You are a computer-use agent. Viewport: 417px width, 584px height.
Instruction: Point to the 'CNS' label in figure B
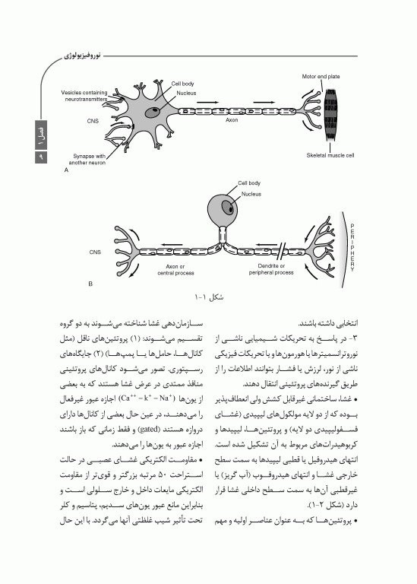pyautogui.click(x=95, y=252)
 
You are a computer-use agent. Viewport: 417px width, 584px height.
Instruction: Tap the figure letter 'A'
pyautogui.click(x=67, y=171)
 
